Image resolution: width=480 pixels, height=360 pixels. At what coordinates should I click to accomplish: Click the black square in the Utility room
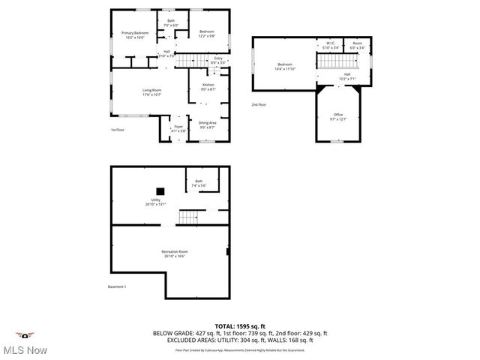pyautogui.click(x=160, y=190)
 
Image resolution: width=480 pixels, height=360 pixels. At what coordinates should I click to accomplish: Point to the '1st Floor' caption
pyautogui.click(x=117, y=130)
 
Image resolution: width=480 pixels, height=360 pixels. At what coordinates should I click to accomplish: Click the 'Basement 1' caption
pyautogui.click(x=117, y=287)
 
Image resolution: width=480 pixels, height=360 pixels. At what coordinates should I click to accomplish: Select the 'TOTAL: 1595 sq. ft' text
pyautogui.click(x=240, y=326)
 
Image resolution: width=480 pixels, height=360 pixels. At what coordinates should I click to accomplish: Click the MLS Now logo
pyautogui.click(x=25, y=343)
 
